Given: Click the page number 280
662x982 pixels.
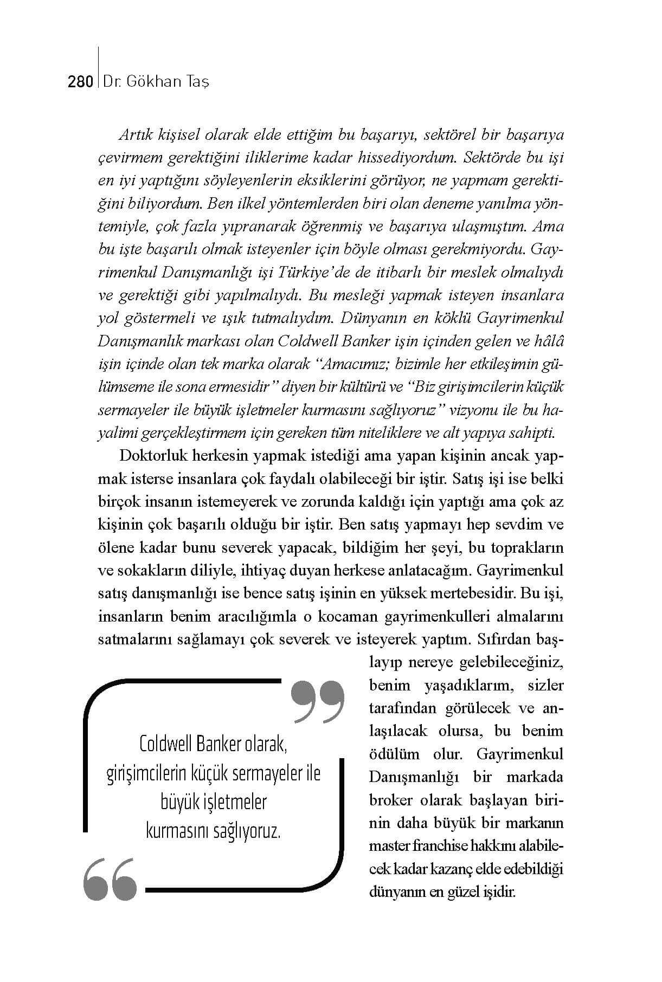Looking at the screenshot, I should click(x=80, y=82).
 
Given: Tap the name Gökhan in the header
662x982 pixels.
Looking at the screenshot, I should click(x=154, y=82).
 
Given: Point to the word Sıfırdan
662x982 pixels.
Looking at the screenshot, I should click(x=505, y=639).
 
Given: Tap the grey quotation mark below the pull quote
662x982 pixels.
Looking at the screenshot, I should click(x=111, y=879).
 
